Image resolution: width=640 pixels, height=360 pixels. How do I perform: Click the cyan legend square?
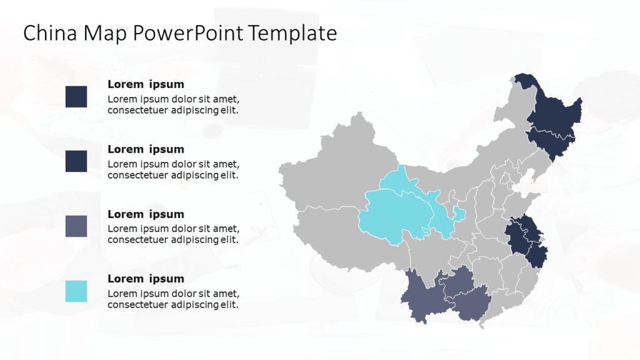[76, 291]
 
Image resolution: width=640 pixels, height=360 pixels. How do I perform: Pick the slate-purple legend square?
[76, 226]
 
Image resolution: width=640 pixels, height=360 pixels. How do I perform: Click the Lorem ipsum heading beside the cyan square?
[146, 279]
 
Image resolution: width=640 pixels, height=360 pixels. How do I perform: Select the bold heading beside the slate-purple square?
[146, 214]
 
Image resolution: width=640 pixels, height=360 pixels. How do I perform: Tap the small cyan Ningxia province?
[459, 215]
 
